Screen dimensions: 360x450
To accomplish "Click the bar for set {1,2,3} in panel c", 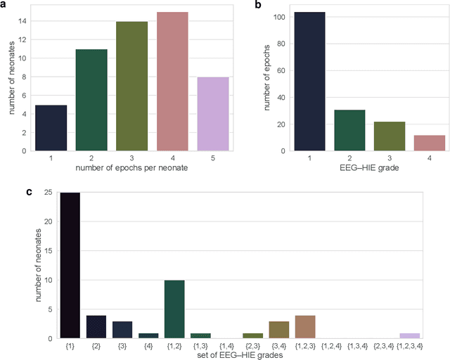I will pyautogui.click(x=304, y=327).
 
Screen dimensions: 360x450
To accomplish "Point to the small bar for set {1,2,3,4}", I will pyautogui.click(x=409, y=335).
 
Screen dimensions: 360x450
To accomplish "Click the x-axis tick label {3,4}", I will pyautogui.click(x=278, y=346).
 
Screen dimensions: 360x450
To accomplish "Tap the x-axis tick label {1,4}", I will pyautogui.click(x=227, y=346).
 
